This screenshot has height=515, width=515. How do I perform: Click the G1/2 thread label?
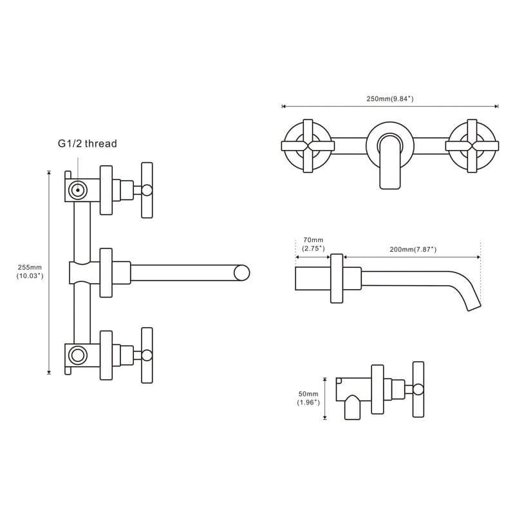[88, 144]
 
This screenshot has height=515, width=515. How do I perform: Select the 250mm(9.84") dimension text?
[390, 98]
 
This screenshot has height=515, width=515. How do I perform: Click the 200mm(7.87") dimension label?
[413, 250]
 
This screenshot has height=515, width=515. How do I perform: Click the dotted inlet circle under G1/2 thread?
[78, 190]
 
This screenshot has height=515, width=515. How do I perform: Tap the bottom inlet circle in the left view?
[78, 355]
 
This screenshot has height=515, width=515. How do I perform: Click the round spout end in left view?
[242, 273]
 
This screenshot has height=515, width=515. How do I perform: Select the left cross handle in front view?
[308, 146]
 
